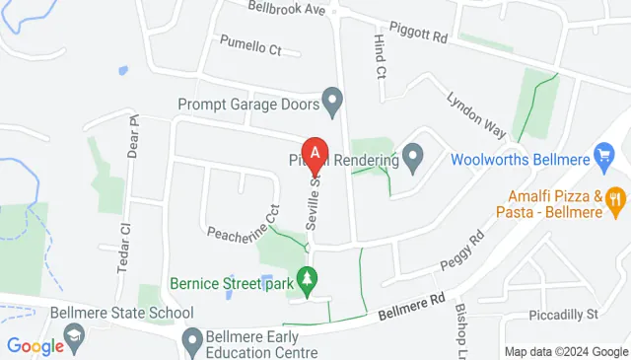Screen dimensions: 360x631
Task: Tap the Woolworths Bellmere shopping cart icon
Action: (x=605, y=157)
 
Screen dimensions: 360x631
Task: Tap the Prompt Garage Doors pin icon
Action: (x=332, y=101)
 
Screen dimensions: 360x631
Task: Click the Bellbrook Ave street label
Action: (x=286, y=8)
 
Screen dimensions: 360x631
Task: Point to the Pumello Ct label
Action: (x=250, y=46)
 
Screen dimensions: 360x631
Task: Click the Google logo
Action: (x=35, y=346)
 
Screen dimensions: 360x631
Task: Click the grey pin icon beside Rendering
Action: (x=413, y=157)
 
